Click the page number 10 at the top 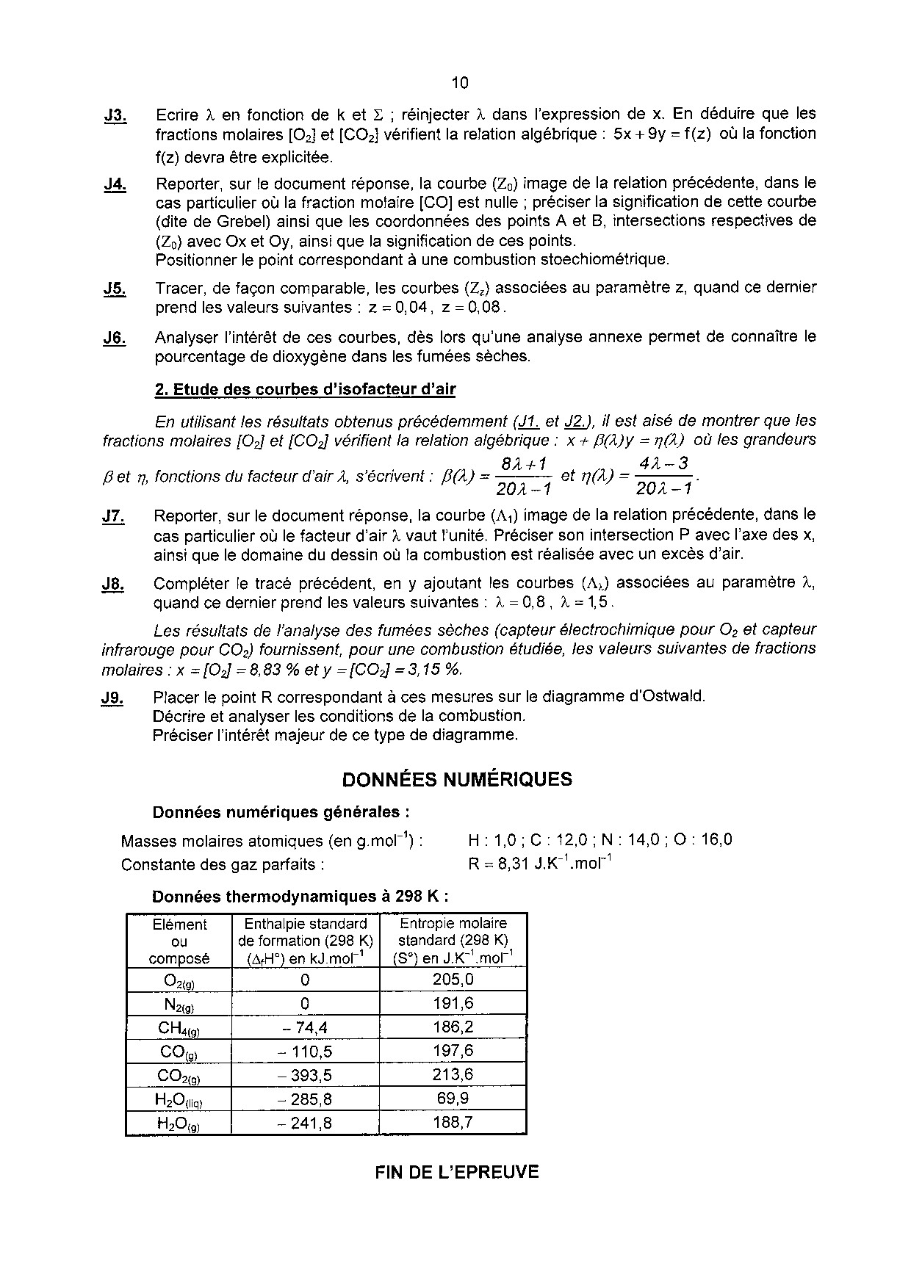[x=460, y=82]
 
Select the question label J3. [x=115, y=115]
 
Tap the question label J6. [x=115, y=338]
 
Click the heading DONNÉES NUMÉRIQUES [x=457, y=779]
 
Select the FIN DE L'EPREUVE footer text [x=457, y=1173]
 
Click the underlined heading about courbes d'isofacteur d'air [x=305, y=389]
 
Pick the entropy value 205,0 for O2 [x=453, y=980]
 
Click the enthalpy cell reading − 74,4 [x=305, y=1028]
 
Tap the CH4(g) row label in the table [x=179, y=1028]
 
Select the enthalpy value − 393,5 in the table [x=305, y=1076]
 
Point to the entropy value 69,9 [x=453, y=1099]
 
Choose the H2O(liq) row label [x=179, y=1100]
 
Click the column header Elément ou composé [x=179, y=941]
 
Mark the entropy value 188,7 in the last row [x=453, y=1123]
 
